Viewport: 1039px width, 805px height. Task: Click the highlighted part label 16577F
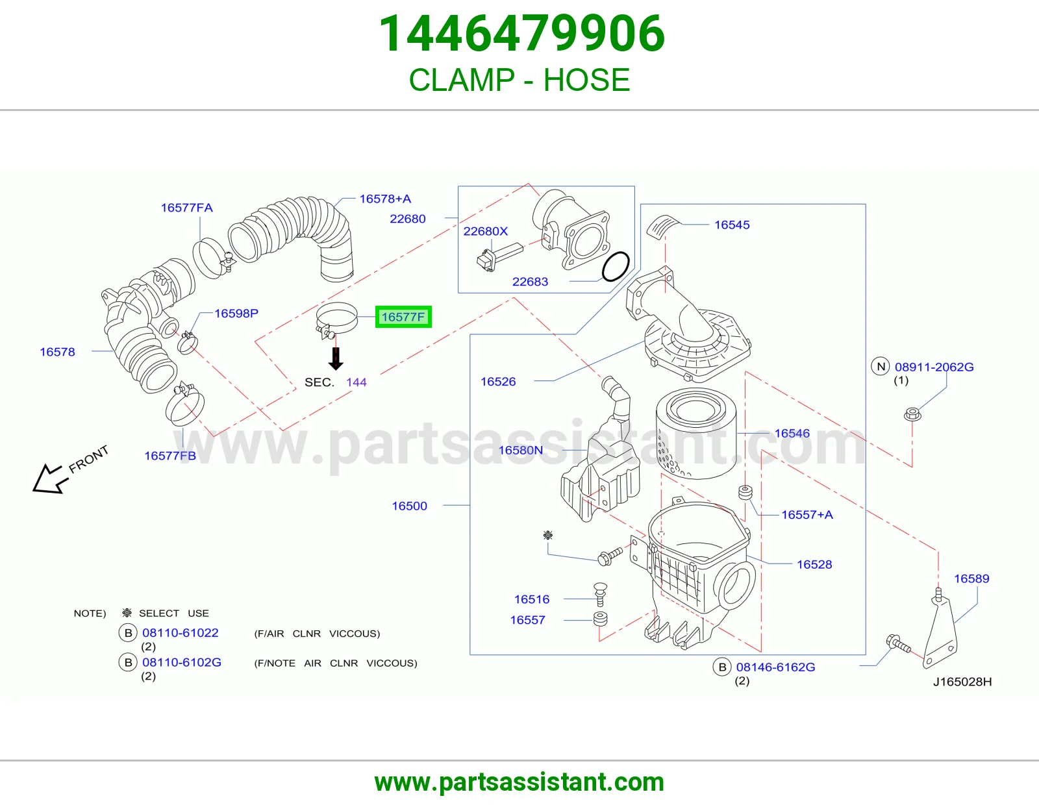(403, 317)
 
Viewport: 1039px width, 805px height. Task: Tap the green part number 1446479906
(521, 34)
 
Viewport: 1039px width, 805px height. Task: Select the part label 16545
(732, 225)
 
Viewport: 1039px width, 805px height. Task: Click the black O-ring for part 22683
(616, 267)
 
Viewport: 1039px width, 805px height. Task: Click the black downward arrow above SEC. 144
(336, 358)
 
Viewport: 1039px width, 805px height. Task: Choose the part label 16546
(792, 433)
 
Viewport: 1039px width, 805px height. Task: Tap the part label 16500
(409, 506)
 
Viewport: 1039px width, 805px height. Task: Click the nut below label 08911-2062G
(912, 414)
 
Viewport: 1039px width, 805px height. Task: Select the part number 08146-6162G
(775, 667)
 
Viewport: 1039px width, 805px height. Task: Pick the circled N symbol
(881, 367)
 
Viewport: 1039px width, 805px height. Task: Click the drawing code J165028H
(962, 682)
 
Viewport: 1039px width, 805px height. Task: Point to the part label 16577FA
(186, 208)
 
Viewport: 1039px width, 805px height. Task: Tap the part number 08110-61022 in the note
(181, 632)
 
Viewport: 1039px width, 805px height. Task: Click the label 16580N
(521, 450)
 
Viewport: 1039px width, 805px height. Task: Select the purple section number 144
(357, 382)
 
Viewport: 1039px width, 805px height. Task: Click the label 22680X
(485, 231)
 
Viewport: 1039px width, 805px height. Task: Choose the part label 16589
(971, 578)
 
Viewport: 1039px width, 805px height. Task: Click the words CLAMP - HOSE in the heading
(519, 80)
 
